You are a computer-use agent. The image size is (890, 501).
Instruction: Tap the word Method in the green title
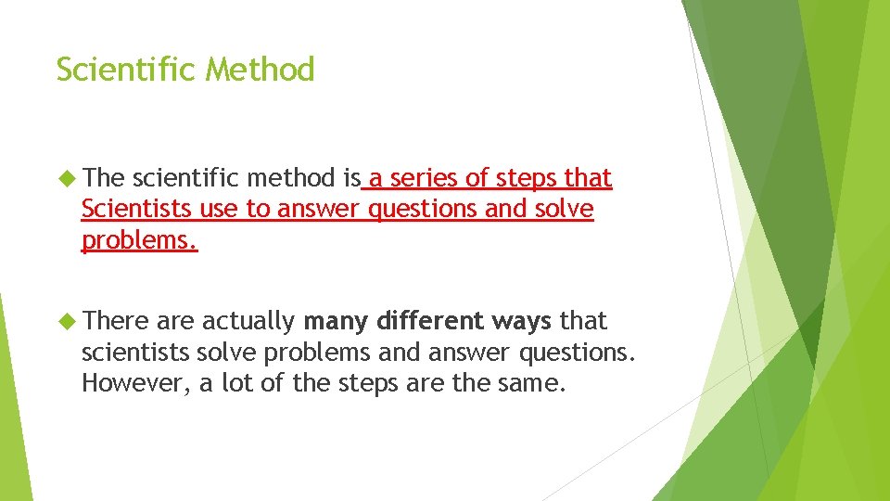point(261,70)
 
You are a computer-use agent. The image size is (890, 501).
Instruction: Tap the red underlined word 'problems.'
point(139,241)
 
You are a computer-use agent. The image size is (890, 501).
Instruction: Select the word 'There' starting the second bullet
point(116,321)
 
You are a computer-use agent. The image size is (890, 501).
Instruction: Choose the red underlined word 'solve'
point(564,210)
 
